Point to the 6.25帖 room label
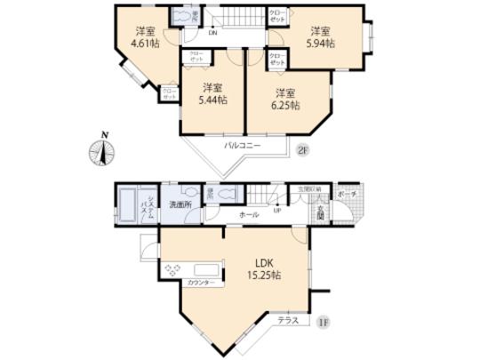(x=284, y=99)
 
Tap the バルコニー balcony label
(x=240, y=143)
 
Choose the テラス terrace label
(x=287, y=319)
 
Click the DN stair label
(x=212, y=33)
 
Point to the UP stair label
(x=276, y=212)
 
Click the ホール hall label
(x=248, y=216)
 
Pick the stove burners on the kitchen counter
(x=172, y=268)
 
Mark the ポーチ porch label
(x=348, y=193)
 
